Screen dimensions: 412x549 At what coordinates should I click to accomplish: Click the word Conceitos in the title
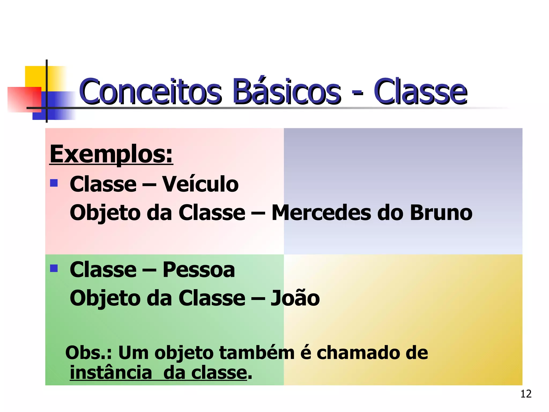pos(150,91)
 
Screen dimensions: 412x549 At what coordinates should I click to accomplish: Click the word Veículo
pos(201,184)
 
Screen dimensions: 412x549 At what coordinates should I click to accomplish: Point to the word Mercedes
pos(321,213)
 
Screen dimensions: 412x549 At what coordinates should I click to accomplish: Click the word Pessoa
pos(199,270)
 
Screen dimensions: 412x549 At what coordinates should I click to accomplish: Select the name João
pos(295,298)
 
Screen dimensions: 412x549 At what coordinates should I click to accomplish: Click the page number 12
pos(526,394)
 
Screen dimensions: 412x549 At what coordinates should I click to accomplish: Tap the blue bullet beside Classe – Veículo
pos(54,183)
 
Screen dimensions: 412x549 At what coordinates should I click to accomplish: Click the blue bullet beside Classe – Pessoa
pos(54,268)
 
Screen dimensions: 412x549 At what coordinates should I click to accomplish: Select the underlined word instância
pos(111,373)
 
